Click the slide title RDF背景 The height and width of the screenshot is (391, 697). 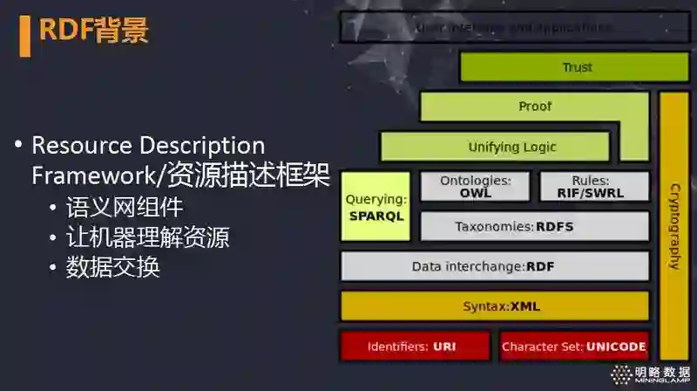[x=94, y=30]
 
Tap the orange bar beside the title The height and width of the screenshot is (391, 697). [x=24, y=33]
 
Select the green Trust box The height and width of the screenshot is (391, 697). [x=576, y=67]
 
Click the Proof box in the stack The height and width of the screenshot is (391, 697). [x=535, y=106]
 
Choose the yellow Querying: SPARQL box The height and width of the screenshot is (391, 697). [x=376, y=207]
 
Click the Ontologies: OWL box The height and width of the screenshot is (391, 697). [x=475, y=187]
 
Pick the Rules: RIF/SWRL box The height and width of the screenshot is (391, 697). [x=596, y=187]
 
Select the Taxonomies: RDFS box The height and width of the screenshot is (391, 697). [x=535, y=227]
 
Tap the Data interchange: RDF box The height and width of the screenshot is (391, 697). [x=494, y=266]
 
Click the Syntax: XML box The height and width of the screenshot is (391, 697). [x=494, y=306]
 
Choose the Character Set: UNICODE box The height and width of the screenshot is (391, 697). [x=573, y=346]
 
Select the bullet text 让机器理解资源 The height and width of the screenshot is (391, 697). [x=147, y=237]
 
